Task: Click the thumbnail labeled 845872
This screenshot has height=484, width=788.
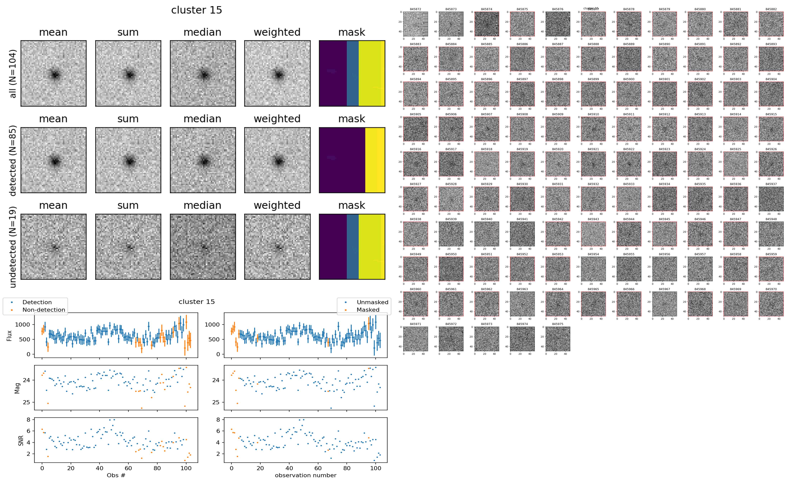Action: pos(415,24)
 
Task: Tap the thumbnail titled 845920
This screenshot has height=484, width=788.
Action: pos(558,164)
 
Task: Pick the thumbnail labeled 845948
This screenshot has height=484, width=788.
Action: pos(771,234)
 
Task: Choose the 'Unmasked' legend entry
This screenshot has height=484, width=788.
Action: pos(372,302)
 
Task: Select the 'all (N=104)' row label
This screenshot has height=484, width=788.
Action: pos(13,73)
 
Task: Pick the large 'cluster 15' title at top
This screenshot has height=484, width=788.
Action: pos(196,10)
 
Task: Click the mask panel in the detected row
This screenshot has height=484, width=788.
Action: pos(352,160)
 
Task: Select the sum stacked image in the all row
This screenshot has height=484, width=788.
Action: pos(128,73)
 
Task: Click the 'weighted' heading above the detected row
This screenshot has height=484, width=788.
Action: pos(277,119)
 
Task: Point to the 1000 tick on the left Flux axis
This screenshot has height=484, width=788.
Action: pos(23,325)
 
